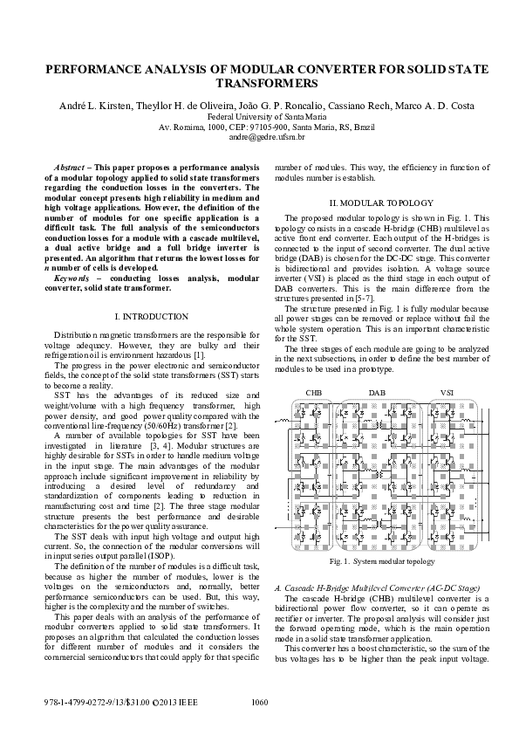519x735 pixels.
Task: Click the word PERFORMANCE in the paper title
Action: pyautogui.click(x=88, y=69)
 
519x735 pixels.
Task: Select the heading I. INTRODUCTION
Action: pyautogui.click(x=151, y=315)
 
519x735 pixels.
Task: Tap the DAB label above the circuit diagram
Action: pyautogui.click(x=377, y=394)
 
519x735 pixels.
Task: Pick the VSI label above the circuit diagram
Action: pyautogui.click(x=448, y=394)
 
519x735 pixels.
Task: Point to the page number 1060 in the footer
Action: pyautogui.click(x=259, y=703)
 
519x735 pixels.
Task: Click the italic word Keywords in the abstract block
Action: pyautogui.click(x=72, y=278)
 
